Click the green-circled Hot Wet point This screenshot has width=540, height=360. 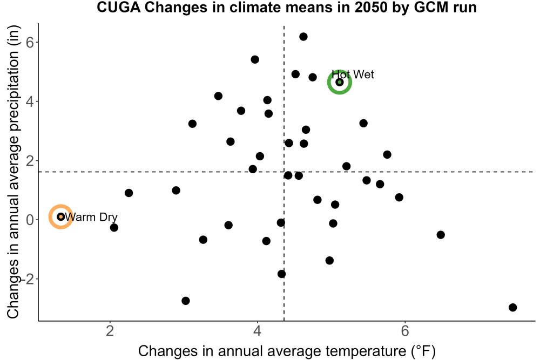(x=340, y=82)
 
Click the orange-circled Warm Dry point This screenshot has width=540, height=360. (x=61, y=216)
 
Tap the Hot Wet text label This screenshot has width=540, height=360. (x=353, y=74)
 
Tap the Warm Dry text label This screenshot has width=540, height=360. (x=91, y=217)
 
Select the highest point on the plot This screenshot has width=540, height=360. (x=303, y=37)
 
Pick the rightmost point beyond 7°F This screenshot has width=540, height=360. (x=513, y=307)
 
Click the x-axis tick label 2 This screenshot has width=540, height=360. (x=110, y=331)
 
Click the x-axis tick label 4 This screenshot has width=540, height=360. (x=258, y=331)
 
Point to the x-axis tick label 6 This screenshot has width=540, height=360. (x=405, y=331)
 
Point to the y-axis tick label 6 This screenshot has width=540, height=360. (x=30, y=42)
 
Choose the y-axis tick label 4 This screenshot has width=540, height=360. (x=30, y=101)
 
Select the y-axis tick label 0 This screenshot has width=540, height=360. (x=30, y=220)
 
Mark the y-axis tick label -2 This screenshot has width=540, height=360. (x=28, y=279)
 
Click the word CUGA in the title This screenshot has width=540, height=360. (x=119, y=7)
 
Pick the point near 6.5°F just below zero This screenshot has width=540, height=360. (x=441, y=235)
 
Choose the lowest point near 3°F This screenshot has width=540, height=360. (x=186, y=301)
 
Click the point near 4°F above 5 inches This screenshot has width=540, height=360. (x=255, y=59)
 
